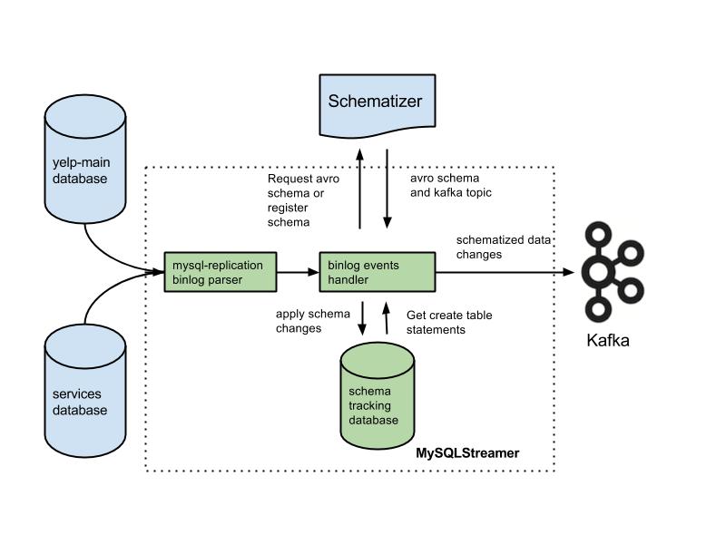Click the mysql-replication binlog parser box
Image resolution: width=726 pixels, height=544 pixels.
[220, 272]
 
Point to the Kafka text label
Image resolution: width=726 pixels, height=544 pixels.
[608, 341]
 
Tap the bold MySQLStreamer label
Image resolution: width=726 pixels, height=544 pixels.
[467, 452]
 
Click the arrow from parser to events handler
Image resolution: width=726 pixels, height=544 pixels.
[298, 272]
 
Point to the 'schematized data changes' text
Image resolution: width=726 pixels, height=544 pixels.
[505, 247]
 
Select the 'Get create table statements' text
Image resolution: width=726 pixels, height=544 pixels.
[449, 322]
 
